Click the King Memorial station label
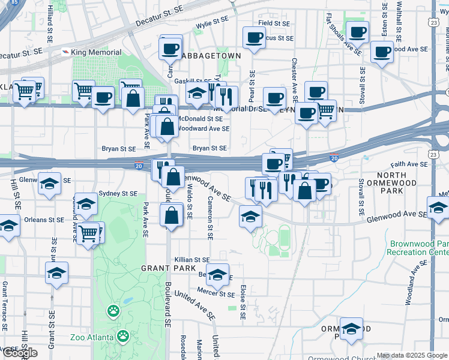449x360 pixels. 96,53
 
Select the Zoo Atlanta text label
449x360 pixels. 91,337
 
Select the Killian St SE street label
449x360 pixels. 191,260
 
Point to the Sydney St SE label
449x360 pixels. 118,193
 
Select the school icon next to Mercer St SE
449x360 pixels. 217,274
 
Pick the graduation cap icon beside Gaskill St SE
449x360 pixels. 197,93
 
